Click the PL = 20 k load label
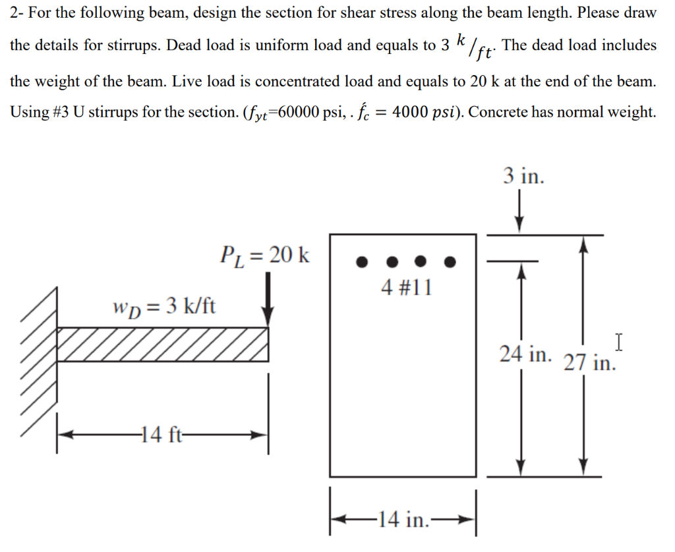click(264, 254)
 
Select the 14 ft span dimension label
click(160, 435)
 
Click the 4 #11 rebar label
click(407, 287)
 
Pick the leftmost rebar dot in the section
click(361, 262)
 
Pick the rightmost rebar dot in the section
click(450, 262)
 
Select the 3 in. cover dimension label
click(523, 176)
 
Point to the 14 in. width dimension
click(402, 520)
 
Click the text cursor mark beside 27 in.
click(618, 343)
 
